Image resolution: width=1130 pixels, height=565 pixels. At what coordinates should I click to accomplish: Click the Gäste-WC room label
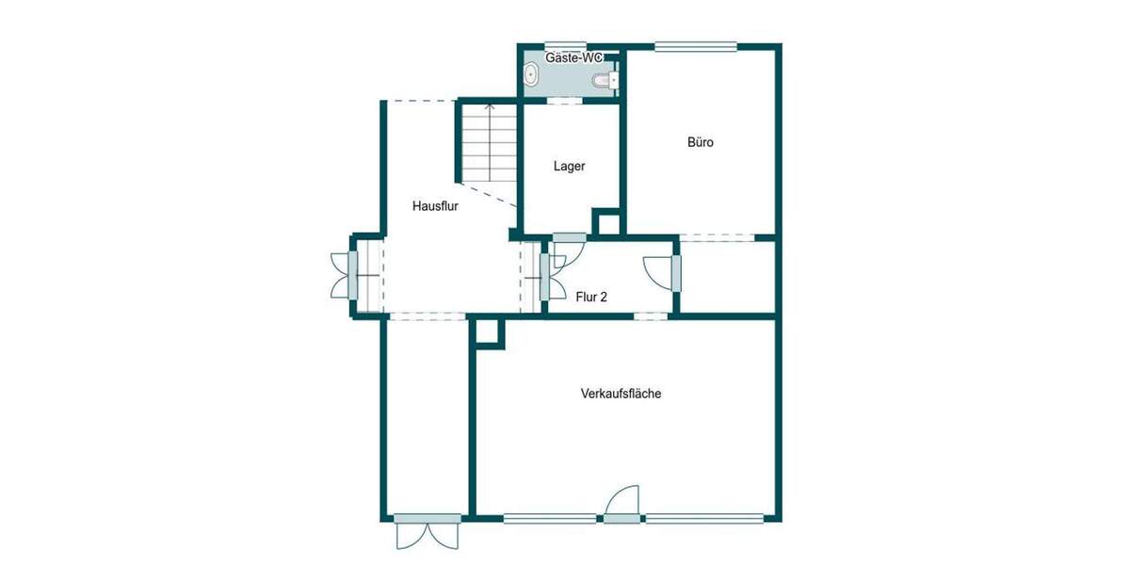tap(574, 57)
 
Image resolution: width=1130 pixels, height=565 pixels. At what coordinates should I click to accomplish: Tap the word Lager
tap(569, 166)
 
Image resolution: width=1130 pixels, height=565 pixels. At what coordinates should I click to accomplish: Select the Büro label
tap(700, 143)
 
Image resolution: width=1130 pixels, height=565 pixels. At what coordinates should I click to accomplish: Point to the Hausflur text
tap(435, 206)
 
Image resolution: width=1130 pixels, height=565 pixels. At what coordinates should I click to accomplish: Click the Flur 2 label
tap(591, 296)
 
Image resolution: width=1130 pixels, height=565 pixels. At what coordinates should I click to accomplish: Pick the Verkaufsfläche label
tap(621, 394)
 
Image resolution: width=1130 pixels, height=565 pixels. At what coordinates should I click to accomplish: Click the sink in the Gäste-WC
tap(532, 75)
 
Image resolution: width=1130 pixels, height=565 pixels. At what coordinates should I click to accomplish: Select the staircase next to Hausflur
tap(489, 143)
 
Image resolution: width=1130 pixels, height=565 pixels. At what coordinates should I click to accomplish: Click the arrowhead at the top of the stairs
tap(489, 107)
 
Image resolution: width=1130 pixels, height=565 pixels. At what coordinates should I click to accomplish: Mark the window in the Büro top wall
tap(696, 45)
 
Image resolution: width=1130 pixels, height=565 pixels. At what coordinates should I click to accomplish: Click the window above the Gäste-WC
tap(566, 45)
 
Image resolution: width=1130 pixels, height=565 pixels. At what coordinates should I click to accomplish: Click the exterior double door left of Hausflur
tap(341, 275)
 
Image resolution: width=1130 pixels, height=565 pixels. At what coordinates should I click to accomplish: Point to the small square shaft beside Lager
tap(607, 223)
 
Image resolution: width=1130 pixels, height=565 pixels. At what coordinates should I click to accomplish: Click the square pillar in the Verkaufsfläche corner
tap(488, 332)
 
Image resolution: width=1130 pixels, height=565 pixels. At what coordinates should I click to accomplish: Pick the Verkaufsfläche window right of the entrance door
tap(703, 517)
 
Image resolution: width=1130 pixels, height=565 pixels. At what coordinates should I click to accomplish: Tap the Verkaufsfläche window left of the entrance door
tap(550, 517)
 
